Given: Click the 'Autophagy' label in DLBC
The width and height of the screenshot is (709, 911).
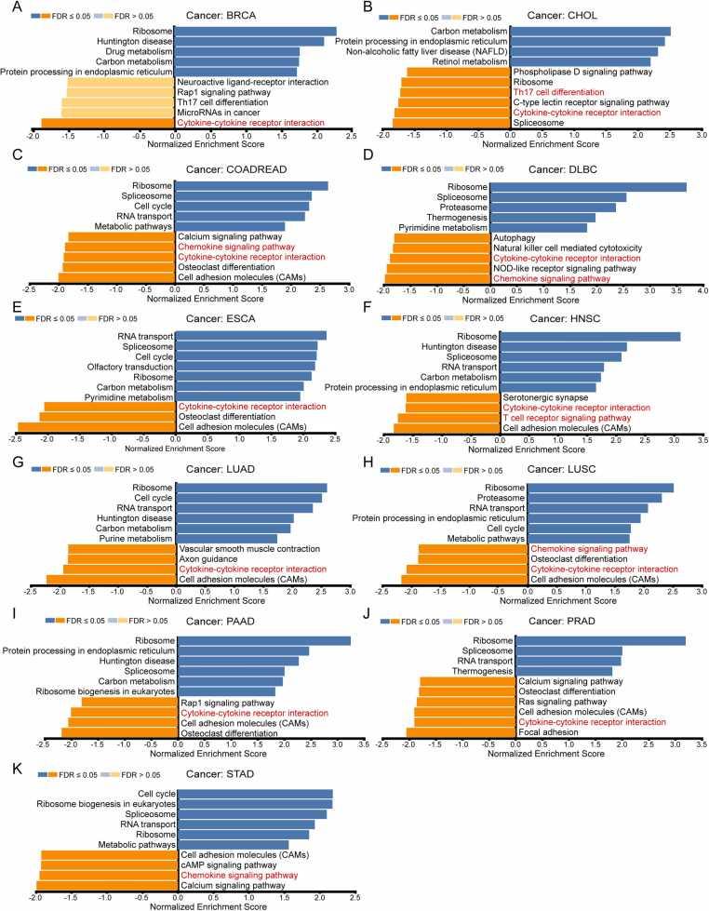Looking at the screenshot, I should point(514,238).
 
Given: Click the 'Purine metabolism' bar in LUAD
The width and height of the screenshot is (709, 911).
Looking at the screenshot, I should point(227,539).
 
